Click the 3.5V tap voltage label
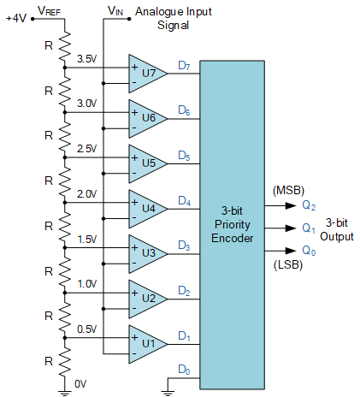click(x=87, y=59)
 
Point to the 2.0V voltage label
click(x=87, y=194)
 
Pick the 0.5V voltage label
click(x=87, y=329)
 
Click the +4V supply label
click(x=16, y=19)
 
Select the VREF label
click(x=49, y=11)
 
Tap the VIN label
click(x=115, y=11)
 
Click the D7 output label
click(x=184, y=66)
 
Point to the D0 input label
click(x=184, y=370)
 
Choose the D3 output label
click(x=184, y=246)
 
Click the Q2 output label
click(x=309, y=205)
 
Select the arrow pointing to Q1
click(x=280, y=228)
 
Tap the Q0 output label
click(x=309, y=251)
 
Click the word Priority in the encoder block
click(x=233, y=225)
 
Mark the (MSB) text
click(x=288, y=190)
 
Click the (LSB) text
click(x=288, y=265)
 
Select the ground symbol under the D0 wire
click(x=168, y=393)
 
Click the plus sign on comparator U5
click(x=134, y=157)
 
